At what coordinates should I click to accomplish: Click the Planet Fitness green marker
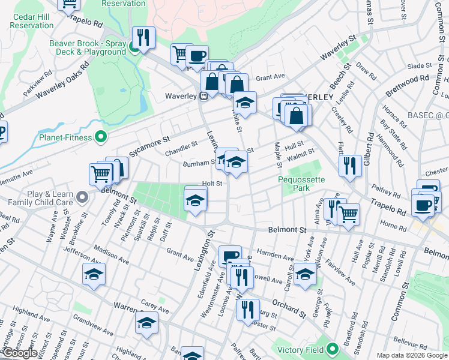pyautogui.click(x=101, y=137)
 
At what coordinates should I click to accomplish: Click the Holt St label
pyautogui.click(x=212, y=183)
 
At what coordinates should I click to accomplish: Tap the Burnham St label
pyautogui.click(x=201, y=163)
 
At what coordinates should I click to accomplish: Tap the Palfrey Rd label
pyautogui.click(x=385, y=193)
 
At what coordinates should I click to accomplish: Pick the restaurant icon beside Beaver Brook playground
pyautogui.click(x=143, y=38)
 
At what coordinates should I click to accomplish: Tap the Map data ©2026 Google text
pyautogui.click(x=412, y=355)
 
